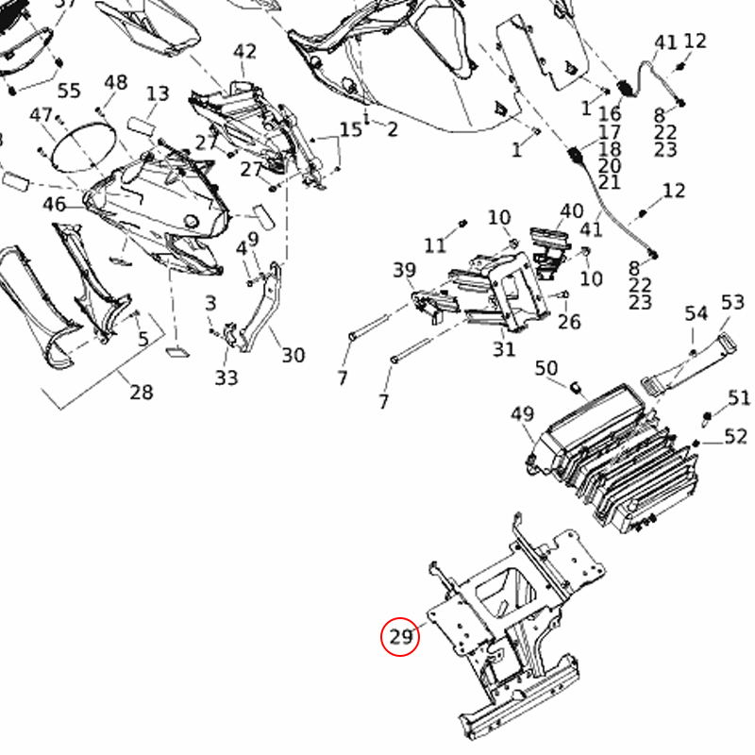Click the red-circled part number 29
pyautogui.click(x=401, y=637)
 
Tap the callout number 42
pyautogui.click(x=244, y=51)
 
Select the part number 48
pyautogui.click(x=115, y=83)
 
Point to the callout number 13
pyautogui.click(x=158, y=93)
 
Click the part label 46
pyautogui.click(x=54, y=205)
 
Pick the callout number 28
pyautogui.click(x=141, y=392)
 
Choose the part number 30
pyautogui.click(x=293, y=355)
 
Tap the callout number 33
pyautogui.click(x=226, y=377)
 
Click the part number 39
pyautogui.click(x=404, y=271)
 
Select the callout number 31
pyautogui.click(x=504, y=349)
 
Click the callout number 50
pyautogui.click(x=546, y=367)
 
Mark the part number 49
pyautogui.click(x=522, y=413)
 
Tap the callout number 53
pyautogui.click(x=732, y=302)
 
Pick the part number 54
pyautogui.click(x=696, y=312)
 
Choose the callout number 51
pyautogui.click(x=738, y=397)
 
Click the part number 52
pyautogui.click(x=736, y=435)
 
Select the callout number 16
pyautogui.click(x=610, y=114)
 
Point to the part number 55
pyautogui.click(x=69, y=91)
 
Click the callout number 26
pyautogui.click(x=569, y=322)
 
